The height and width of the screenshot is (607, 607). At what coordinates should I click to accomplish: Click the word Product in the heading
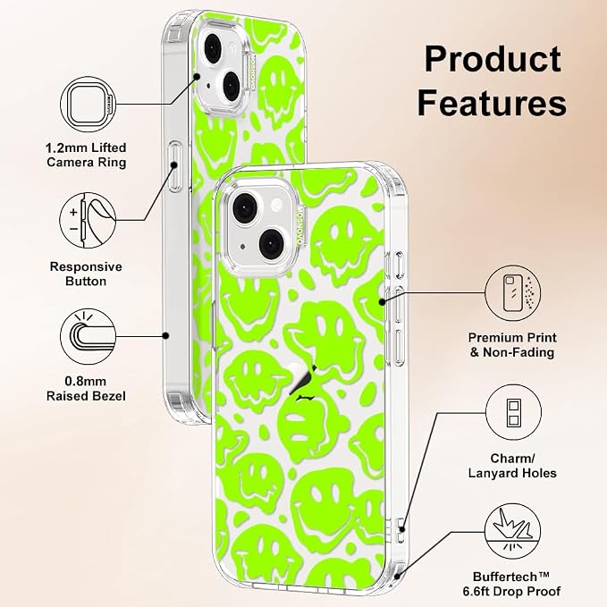493,59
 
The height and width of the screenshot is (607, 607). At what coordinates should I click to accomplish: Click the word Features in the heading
492,102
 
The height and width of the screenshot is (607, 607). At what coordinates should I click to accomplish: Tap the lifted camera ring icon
89,104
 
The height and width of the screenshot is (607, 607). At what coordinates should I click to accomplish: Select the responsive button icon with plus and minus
88,220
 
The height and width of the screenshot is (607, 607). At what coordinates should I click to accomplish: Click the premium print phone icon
513,293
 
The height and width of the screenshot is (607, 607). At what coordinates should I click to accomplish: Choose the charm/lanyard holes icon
513,412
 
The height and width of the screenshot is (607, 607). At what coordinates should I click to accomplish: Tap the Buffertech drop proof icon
513,531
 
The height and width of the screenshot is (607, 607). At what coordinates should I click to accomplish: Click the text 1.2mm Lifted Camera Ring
86,155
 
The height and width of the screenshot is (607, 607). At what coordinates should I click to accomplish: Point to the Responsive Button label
86,274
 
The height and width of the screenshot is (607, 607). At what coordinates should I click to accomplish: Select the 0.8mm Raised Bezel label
86,389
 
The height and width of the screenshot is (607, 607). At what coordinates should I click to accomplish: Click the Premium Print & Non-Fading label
512,345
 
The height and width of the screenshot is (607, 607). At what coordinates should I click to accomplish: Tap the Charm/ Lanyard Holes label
512,466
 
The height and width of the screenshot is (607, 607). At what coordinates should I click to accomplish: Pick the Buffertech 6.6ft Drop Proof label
511,584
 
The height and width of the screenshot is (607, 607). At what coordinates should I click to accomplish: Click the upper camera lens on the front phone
245,208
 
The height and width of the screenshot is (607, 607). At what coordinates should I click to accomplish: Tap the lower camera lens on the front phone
273,244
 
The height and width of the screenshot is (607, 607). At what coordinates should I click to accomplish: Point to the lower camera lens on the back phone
232,85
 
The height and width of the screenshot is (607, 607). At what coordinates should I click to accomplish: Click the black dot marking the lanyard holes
402,529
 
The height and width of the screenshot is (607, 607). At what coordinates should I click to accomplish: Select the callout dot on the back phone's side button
174,165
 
